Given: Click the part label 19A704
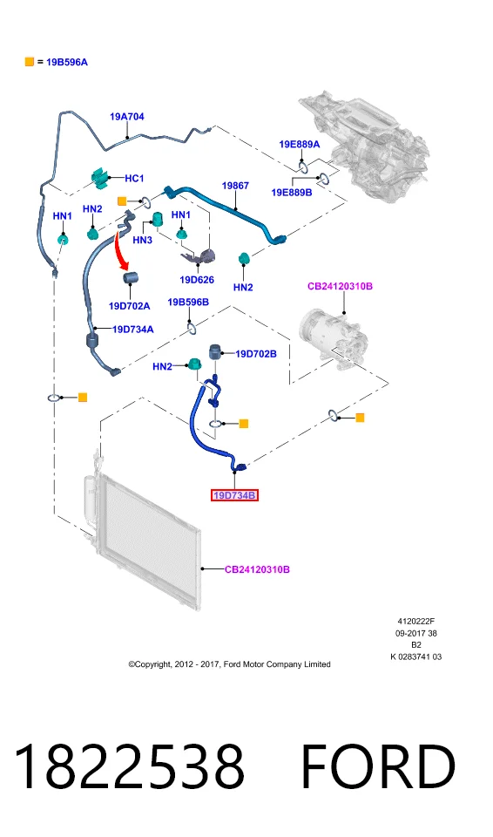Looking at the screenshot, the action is tap(127, 116).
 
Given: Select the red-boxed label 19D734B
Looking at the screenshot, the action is tap(234, 495).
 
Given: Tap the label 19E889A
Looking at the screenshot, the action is tap(300, 144).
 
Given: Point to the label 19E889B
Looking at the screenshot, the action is tap(292, 192).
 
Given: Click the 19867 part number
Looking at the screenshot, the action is tap(235, 186).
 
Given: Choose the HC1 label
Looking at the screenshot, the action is tap(134, 178).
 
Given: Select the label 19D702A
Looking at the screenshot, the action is tap(129, 306).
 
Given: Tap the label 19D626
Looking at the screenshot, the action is tap(197, 280).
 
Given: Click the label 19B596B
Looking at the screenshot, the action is tap(188, 303).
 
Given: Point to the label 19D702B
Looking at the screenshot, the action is tap(256, 354).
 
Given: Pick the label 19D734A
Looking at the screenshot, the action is tap(133, 330).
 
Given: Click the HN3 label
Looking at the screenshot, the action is tap(143, 241).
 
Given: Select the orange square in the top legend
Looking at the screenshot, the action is tap(30, 62).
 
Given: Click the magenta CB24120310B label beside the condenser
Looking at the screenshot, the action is tap(257, 569).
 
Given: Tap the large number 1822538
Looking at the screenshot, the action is tap(129, 766).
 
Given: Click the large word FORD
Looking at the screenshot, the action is tap(378, 766).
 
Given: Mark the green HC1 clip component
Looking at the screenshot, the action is tap(100, 178).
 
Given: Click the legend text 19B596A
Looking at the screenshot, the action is tap(67, 62).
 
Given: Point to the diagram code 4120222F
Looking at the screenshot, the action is tap(416, 622).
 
